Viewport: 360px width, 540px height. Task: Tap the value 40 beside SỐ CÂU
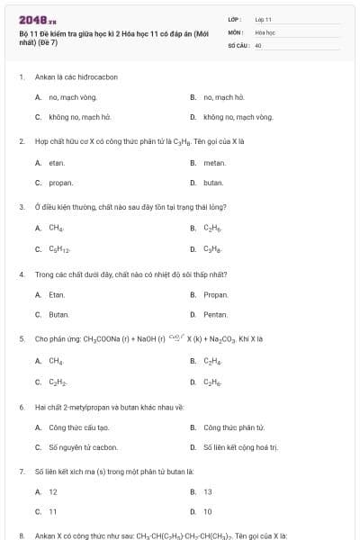(x=258, y=44)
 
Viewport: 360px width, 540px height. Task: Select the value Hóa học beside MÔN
(x=264, y=31)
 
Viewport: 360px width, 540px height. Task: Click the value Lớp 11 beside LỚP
(x=263, y=19)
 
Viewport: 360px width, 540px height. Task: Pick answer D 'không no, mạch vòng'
(x=238, y=117)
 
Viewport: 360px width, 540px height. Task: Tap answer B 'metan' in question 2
(x=214, y=162)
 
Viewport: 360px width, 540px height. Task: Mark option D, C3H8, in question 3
(x=213, y=248)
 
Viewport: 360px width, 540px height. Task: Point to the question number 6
(x=21, y=407)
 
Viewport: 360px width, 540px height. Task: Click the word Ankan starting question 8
(x=45, y=535)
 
